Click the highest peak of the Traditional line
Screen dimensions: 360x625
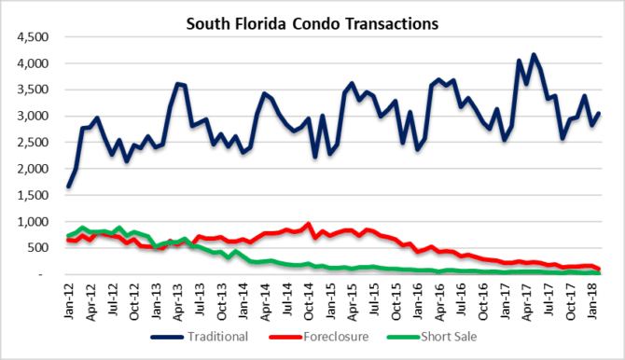(x=535, y=55)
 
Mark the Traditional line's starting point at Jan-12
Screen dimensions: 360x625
(x=69, y=187)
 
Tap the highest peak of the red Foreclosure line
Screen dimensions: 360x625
(x=308, y=224)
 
